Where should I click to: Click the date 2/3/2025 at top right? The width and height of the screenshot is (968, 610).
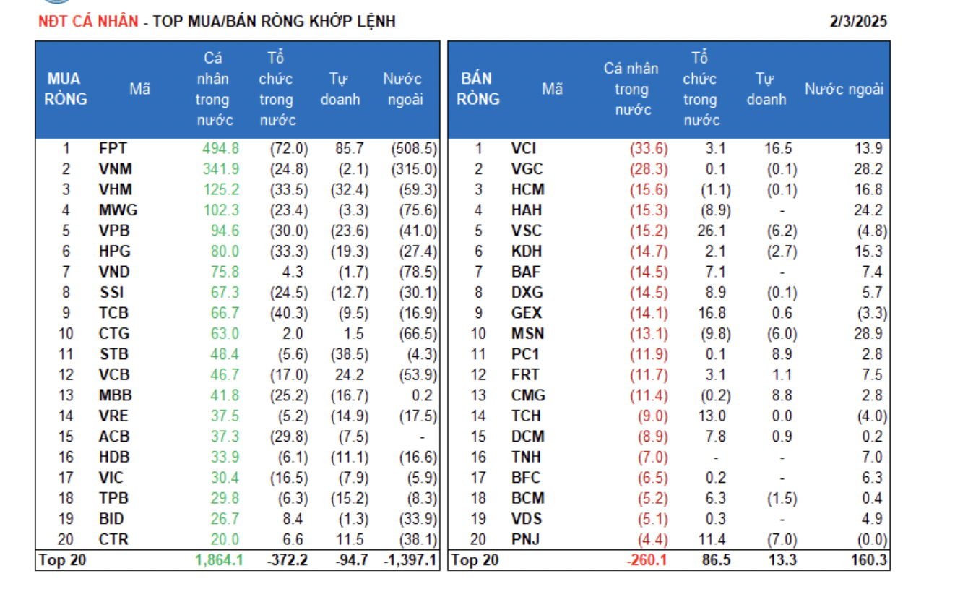[x=858, y=22]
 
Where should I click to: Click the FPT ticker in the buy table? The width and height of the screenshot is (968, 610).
[x=113, y=149]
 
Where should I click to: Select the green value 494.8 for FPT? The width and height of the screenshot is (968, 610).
[x=222, y=149]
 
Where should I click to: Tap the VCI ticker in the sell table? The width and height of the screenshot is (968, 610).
[x=524, y=149]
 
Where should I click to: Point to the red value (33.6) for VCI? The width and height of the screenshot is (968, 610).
[x=649, y=149]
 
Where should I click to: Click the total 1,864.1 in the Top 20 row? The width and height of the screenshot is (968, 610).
[x=219, y=560]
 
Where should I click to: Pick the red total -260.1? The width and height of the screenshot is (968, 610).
[x=647, y=560]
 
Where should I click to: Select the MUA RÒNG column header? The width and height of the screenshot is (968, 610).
[x=64, y=89]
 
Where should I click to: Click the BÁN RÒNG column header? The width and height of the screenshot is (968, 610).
[x=477, y=89]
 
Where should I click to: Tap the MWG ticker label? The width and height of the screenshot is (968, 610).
[x=118, y=210]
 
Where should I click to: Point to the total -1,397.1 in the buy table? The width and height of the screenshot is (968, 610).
[x=410, y=560]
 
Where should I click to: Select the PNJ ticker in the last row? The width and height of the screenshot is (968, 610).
[x=526, y=539]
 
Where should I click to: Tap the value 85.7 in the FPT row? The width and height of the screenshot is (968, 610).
[x=350, y=149]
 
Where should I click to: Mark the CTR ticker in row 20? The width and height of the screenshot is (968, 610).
[x=113, y=539]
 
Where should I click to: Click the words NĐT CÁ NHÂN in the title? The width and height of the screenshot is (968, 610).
[x=87, y=22]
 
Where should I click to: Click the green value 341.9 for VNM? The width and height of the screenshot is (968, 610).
[x=222, y=169]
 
